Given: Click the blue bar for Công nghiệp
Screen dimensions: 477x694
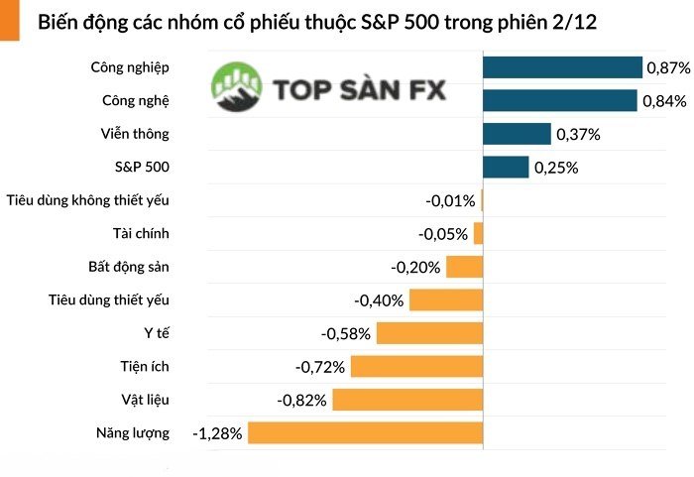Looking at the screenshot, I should [x=562, y=67].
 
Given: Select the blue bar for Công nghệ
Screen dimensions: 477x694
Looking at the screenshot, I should [x=559, y=101].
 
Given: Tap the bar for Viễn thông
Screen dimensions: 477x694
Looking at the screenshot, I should [x=517, y=134].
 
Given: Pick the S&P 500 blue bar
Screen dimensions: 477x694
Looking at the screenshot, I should [x=506, y=168].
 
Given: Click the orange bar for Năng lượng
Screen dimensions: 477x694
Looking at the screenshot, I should [x=365, y=432].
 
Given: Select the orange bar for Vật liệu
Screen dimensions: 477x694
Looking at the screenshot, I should [x=407, y=400].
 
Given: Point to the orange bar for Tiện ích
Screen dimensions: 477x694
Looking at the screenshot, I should [x=416, y=367].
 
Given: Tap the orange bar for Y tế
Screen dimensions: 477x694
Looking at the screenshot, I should [x=429, y=333].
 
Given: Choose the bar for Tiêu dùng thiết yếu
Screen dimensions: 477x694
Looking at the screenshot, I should [x=446, y=300].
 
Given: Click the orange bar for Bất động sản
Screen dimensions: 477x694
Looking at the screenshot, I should [x=464, y=267].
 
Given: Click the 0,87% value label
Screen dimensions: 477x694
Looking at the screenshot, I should [x=668, y=68].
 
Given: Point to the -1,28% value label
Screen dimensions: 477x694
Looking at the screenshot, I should [x=217, y=433].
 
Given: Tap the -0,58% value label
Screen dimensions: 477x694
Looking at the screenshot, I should [x=346, y=334].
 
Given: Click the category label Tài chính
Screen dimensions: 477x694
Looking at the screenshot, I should [x=141, y=233].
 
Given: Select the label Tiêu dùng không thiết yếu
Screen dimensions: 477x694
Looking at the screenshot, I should [x=87, y=200].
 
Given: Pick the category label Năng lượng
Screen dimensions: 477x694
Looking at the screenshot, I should [x=133, y=432].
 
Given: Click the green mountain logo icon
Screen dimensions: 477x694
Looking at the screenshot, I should [x=237, y=87].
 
